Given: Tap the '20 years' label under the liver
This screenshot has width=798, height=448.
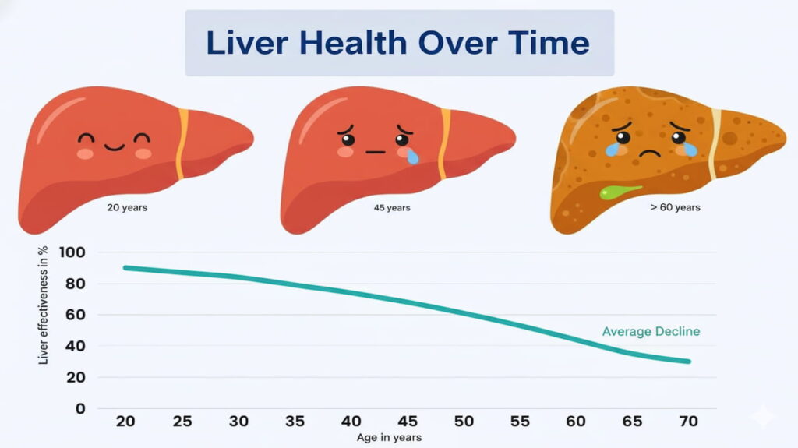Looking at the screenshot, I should point(127,208).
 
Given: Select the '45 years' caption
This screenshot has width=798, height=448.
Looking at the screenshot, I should point(392,208).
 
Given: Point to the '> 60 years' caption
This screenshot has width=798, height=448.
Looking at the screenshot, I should point(674,207).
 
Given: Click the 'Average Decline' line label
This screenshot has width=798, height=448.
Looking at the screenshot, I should point(651,332).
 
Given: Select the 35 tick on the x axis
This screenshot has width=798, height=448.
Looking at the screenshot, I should point(295,422).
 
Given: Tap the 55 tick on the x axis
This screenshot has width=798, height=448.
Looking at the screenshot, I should point(520,422).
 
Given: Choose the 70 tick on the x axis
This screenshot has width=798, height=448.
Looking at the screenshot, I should point(689,422).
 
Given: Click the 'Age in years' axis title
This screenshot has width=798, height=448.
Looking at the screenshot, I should point(389,438).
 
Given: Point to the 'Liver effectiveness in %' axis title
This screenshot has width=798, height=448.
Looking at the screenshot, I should point(44,305).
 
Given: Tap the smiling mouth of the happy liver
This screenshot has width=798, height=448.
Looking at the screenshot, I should point(114,146).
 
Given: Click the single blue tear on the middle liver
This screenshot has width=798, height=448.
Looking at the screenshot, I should point(412,157).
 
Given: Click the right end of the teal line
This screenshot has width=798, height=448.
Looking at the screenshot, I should point(689,362).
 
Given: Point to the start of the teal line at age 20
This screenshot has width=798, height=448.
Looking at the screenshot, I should point(125,267).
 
